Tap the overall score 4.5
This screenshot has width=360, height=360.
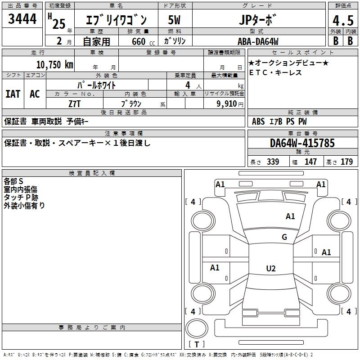coord(343,21)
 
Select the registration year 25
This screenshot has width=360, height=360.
coord(59,23)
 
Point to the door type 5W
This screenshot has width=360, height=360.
coord(174,21)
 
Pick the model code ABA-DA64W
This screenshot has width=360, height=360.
coord(258,41)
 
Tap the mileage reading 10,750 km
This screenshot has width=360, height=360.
coord(54,64)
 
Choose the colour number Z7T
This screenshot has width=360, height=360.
coord(75,103)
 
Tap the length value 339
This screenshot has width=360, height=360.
coord(273,162)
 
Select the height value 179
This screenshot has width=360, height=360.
coord(346,162)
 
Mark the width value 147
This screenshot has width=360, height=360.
coord(310,162)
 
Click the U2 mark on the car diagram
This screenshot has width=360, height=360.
coord(270,269)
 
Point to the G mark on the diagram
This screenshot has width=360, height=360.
coord(284,237)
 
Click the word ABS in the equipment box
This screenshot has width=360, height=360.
coord(258,121)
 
